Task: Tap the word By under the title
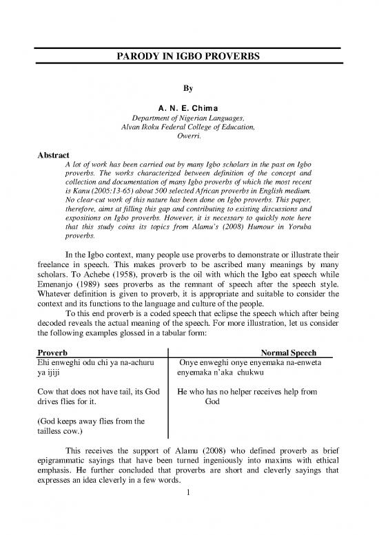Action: click(x=189, y=88)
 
